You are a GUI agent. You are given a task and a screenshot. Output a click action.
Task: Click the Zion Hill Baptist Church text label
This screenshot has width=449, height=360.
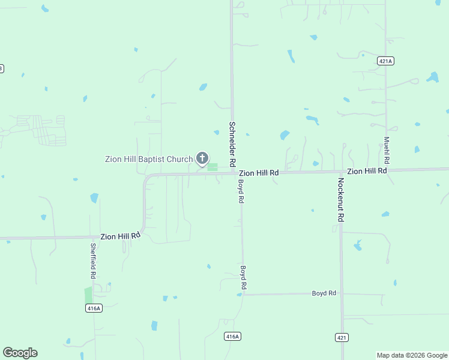tap(149, 159)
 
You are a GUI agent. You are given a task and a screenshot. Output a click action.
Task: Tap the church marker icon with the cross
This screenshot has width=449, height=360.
tap(202, 158)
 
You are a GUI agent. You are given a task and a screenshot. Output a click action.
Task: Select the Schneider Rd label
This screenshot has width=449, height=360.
tap(232, 144)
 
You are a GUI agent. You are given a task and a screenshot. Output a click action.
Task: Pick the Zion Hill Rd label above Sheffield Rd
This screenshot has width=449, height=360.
tap(120, 236)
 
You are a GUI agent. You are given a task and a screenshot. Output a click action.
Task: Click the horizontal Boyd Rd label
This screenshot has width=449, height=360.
tap(324, 293)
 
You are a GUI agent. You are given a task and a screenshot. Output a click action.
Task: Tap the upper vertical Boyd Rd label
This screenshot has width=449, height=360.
tap(241, 191)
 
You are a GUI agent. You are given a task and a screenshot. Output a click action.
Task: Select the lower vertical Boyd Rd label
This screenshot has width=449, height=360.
tap(244, 278)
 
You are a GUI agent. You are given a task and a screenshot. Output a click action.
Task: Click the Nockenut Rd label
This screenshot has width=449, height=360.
tap(340, 200)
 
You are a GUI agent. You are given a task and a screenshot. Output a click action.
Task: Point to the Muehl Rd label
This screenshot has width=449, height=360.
tap(387, 151)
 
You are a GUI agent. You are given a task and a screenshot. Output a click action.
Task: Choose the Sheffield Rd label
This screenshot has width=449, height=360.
tap(93, 260)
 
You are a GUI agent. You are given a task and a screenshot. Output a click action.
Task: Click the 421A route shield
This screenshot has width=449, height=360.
tap(385, 61)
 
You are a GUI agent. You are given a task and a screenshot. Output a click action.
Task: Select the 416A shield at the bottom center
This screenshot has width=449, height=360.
tap(233, 336)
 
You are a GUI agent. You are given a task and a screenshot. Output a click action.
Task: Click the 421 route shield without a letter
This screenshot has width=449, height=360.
tap(342, 338)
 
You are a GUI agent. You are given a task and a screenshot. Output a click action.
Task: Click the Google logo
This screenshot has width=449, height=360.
tap(20, 353)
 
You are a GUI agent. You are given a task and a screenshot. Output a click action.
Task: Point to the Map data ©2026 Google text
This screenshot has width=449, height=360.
tap(412, 355)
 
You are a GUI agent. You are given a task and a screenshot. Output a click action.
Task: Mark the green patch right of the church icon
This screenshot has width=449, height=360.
tap(212, 166)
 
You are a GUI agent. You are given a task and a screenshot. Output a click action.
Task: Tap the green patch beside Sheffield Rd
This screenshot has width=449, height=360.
tap(89, 295)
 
